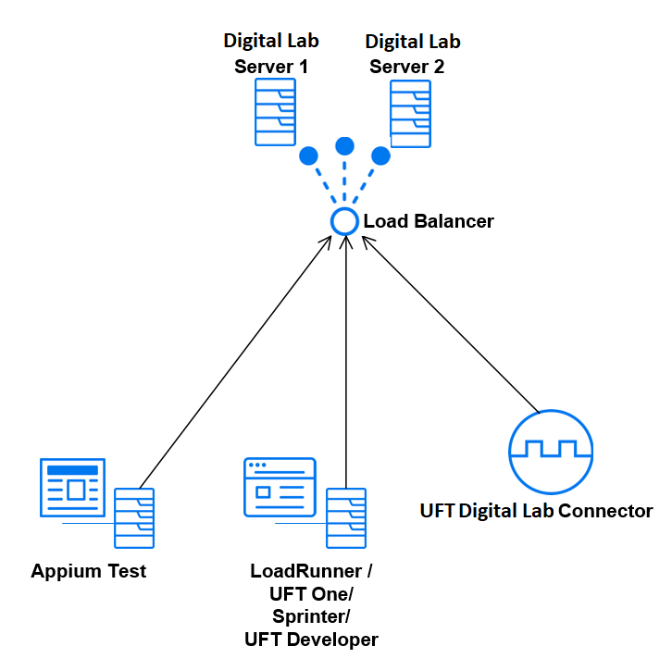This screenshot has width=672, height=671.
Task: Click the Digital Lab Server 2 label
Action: pos(412,54)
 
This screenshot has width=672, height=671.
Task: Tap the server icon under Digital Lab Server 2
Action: pos(409,113)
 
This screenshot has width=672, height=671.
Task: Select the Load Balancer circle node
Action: pos(344,221)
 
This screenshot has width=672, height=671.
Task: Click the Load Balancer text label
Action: pos(429,222)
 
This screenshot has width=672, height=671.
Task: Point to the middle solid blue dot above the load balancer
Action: pos(345,146)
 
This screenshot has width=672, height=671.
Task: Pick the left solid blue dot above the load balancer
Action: pos(308,155)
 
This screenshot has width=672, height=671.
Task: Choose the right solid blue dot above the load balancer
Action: pos(380,155)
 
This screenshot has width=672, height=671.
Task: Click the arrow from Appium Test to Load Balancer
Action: pos(236,361)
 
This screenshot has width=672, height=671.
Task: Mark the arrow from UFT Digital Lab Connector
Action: pos(449,324)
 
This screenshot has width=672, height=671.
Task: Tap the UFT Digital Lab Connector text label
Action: pos(536,511)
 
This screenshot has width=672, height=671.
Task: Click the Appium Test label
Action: pos(89,571)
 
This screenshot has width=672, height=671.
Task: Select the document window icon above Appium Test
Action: pos(72,488)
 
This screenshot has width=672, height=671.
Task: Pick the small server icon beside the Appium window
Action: pos(134,519)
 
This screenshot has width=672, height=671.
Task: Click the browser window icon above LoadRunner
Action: pos(280,487)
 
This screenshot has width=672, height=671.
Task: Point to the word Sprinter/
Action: pos(311,616)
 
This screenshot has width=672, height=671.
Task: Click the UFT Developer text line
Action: pos(311,640)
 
